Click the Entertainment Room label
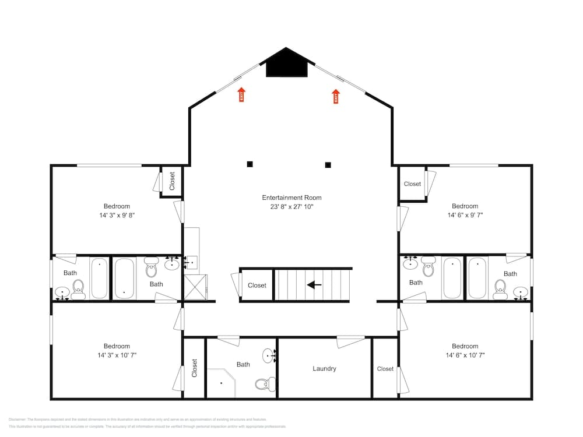[291, 198]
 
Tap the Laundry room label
[324, 368]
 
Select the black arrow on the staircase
[314, 285]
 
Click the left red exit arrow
[241, 94]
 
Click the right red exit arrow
[336, 96]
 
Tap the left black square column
[250, 164]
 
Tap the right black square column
[328, 164]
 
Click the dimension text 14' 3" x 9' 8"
[117, 215]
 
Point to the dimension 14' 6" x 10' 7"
[465, 355]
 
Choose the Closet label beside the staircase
[257, 286]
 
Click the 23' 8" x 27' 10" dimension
[291, 207]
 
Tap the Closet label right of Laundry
[385, 369]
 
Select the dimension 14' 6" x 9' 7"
[465, 215]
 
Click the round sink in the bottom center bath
[269, 354]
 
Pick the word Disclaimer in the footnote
[17, 420]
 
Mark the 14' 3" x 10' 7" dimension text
[117, 355]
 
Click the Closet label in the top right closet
[412, 184]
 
